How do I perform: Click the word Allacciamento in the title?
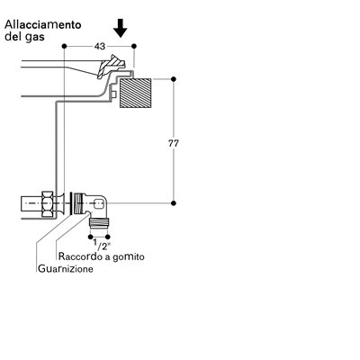[43, 24]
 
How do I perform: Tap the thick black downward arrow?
[121, 28]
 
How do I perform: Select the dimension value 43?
[100, 47]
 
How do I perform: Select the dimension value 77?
[173, 143]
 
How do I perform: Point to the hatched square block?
[135, 93]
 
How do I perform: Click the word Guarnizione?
[66, 268]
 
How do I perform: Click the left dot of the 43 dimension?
[64, 46]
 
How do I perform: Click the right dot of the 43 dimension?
[134, 46]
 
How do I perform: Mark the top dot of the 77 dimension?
[173, 79]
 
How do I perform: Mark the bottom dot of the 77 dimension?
[173, 203]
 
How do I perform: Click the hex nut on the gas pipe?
[48, 203]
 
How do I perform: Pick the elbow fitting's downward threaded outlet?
[100, 223]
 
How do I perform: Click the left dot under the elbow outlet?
[91, 237]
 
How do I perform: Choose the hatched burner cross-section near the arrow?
[111, 66]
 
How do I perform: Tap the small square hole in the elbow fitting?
[98, 204]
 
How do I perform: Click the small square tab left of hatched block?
[113, 94]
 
